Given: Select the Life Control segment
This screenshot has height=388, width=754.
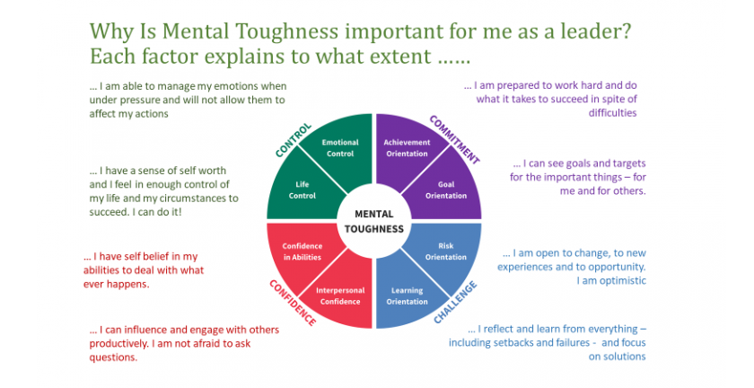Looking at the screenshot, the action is (x=301, y=190).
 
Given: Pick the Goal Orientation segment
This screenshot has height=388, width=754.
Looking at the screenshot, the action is (x=447, y=190).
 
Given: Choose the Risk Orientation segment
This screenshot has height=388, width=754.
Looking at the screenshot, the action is (x=447, y=251).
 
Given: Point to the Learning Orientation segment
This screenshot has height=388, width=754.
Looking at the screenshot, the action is (x=407, y=295).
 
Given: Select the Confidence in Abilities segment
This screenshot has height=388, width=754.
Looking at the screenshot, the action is (x=301, y=251).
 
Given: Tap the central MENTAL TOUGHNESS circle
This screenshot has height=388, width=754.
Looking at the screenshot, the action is (x=374, y=222).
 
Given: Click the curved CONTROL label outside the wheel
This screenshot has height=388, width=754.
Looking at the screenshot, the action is (x=294, y=140).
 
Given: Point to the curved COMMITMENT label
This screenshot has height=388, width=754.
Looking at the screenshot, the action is (x=454, y=139).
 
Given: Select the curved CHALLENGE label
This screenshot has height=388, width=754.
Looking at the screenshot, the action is (x=455, y=303).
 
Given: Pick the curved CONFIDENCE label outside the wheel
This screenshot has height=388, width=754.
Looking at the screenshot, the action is (x=293, y=303).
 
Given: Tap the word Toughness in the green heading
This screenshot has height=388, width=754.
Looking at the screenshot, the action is (x=287, y=32).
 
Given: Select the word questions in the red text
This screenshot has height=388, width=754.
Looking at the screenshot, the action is (x=113, y=357).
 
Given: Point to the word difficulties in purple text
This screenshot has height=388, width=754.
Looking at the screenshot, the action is (x=612, y=113).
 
